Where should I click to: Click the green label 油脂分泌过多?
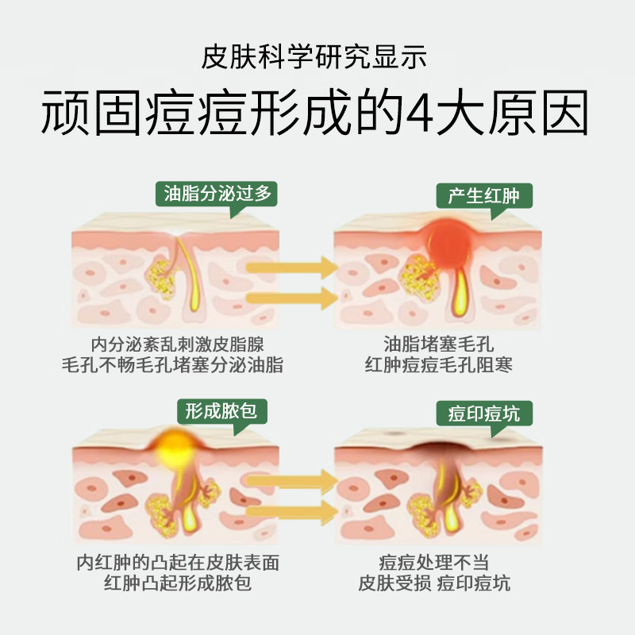click(217, 194)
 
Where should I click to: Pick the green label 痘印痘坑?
click(484, 413)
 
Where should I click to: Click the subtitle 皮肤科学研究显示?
click(317, 58)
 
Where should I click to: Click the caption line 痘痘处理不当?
click(433, 563)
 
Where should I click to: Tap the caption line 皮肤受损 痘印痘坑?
click(433, 583)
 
